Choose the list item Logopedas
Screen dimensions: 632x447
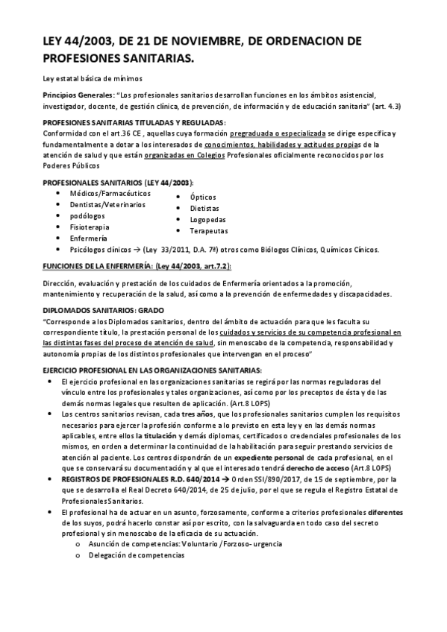point(210,220)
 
